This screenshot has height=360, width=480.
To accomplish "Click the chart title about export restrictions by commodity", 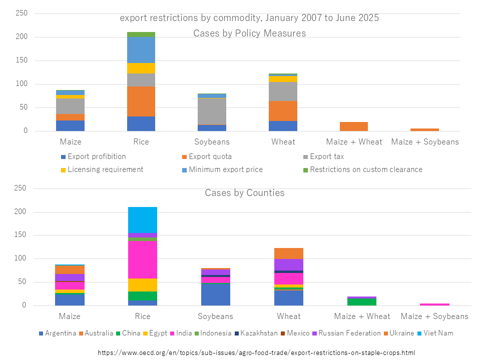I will pyautogui.click(x=249, y=18).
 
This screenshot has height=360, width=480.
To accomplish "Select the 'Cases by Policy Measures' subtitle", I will pyautogui.click(x=249, y=33).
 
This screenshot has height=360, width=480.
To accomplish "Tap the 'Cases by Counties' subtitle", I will pyautogui.click(x=244, y=193).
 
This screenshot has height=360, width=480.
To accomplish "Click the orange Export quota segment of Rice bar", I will pyautogui.click(x=141, y=101).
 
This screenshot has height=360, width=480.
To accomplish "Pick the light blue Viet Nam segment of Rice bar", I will pyautogui.click(x=142, y=219).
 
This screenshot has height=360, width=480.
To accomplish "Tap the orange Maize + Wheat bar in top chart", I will pyautogui.click(x=354, y=126).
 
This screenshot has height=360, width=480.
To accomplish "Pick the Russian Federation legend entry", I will pyautogui.click(x=347, y=333).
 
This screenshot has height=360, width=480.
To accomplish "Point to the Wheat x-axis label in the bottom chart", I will pyautogui.click(x=289, y=316).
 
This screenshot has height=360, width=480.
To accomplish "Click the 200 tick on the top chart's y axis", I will pyautogui.click(x=21, y=37).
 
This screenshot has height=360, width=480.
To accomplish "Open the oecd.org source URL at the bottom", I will pyautogui.click(x=256, y=352).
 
